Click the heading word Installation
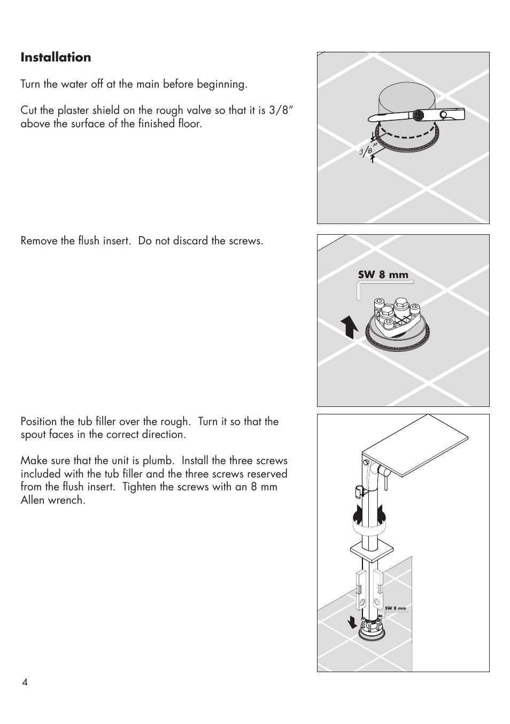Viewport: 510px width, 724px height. tap(56, 57)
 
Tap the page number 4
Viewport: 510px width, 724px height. tap(25, 682)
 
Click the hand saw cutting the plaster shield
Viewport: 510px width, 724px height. tap(417, 114)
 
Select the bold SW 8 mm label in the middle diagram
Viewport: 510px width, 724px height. tap(383, 275)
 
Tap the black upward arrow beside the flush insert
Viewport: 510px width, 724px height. tap(350, 327)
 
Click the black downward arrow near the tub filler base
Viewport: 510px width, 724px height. tap(352, 622)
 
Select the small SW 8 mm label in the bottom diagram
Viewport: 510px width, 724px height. tap(395, 609)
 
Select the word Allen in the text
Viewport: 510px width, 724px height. tap(35, 500)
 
